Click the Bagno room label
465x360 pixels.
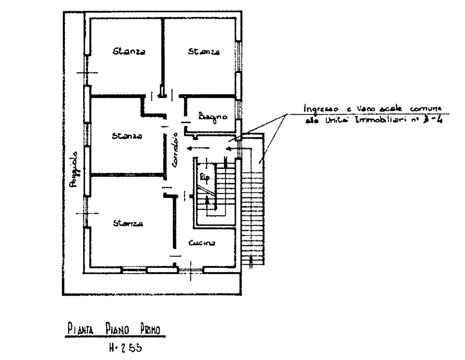pyautogui.click(x=213, y=117)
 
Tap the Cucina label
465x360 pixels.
pyautogui.click(x=202, y=243)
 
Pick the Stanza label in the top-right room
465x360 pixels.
pyautogui.click(x=204, y=52)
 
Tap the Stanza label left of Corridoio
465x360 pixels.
pyautogui.click(x=127, y=136)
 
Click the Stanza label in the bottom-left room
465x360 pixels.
pyautogui.click(x=128, y=223)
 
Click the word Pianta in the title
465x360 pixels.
pyautogui.click(x=80, y=330)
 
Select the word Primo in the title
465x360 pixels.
pyautogui.click(x=150, y=330)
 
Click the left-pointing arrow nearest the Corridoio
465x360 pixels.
pyautogui.click(x=198, y=148)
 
